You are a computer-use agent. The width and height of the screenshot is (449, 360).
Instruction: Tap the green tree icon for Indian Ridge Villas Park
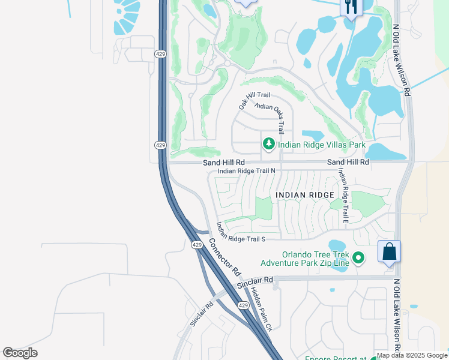coord(268,144)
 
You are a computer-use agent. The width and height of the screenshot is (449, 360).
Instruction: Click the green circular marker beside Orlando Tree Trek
coord(358,258)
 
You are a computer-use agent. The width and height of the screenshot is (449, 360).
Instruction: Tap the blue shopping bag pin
coord(389,251)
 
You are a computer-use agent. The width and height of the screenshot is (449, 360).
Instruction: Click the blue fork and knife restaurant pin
coord(349,7)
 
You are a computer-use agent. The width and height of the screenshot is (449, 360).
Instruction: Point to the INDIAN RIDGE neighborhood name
coord(305,195)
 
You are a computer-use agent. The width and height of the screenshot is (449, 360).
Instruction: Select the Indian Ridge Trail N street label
coord(246,171)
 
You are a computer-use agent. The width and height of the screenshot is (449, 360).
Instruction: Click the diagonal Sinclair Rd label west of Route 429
coord(202,314)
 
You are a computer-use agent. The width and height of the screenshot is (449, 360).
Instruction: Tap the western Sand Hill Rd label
coord(223,162)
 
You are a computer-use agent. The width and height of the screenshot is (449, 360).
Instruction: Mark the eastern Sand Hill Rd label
coord(348,162)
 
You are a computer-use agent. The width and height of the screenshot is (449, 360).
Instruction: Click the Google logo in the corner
coord(20,353)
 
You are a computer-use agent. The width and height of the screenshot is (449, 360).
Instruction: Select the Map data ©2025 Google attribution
coord(412,355)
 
